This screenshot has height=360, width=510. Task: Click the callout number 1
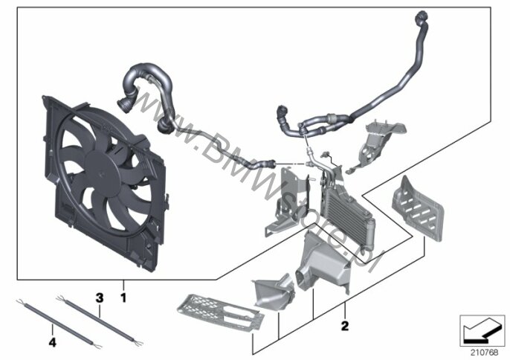(x=123, y=298)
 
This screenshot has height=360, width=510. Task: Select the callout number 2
(x=345, y=325)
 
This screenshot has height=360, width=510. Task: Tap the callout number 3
(x=100, y=298)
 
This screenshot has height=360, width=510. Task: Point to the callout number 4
(x=52, y=342)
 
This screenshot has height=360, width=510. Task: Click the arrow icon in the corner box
(x=482, y=331)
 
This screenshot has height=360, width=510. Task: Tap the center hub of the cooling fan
(x=102, y=173)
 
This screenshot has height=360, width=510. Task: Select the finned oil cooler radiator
(x=347, y=210)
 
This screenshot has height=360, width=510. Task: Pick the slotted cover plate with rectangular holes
(x=418, y=209)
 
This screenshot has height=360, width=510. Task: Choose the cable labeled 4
(x=59, y=323)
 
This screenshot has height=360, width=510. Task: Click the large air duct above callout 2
(x=322, y=260)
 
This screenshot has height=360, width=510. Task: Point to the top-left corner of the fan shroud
(x=42, y=96)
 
